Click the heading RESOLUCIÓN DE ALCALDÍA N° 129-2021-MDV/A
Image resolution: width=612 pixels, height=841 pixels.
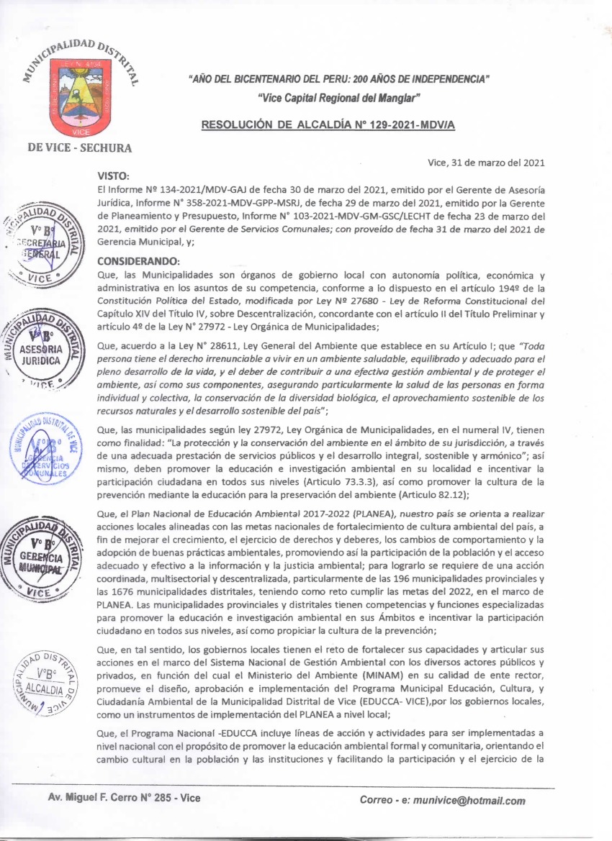[331, 124]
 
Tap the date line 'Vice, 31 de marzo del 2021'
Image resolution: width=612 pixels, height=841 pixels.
[486, 163]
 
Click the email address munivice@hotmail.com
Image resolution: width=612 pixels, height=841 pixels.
[453, 801]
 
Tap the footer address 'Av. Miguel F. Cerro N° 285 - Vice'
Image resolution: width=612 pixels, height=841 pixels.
[124, 798]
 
